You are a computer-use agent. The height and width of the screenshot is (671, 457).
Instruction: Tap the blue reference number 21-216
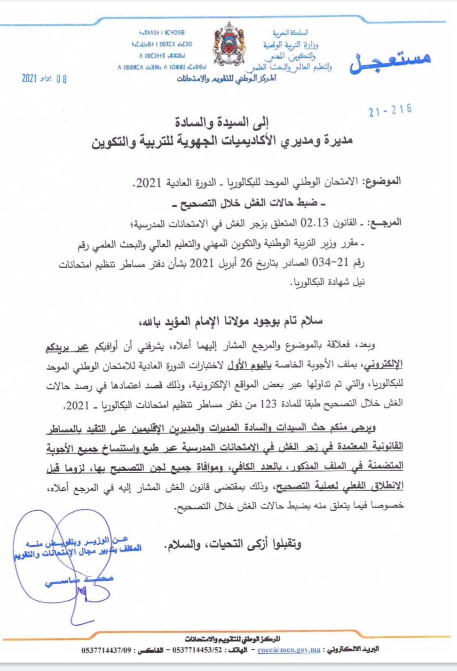coord(390,111)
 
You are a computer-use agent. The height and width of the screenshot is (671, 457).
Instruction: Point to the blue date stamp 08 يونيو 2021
coord(44,78)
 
